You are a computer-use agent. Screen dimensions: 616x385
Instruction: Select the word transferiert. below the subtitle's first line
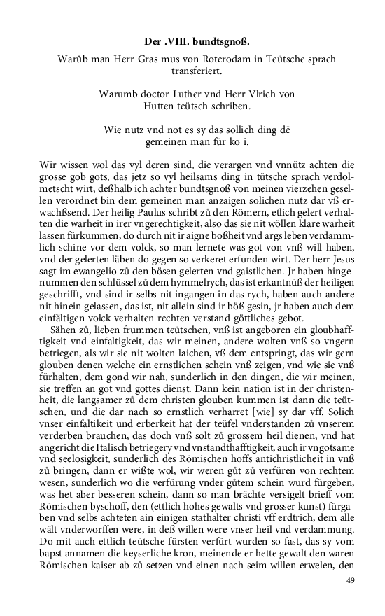click(193, 71)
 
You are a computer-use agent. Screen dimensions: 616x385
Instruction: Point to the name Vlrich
click(265, 93)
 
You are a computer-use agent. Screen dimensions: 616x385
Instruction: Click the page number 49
click(351, 581)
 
